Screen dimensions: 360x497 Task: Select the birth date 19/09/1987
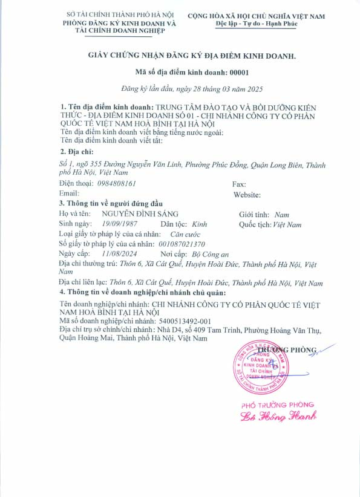(x=120, y=224)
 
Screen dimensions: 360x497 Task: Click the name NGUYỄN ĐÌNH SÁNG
(x=140, y=214)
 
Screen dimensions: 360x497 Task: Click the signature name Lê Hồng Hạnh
(x=278, y=416)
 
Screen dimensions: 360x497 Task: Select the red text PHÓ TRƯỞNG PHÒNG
(x=278, y=404)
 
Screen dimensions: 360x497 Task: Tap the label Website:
(x=247, y=194)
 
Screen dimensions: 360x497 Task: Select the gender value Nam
(x=281, y=214)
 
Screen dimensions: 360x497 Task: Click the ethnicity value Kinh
(x=198, y=224)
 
